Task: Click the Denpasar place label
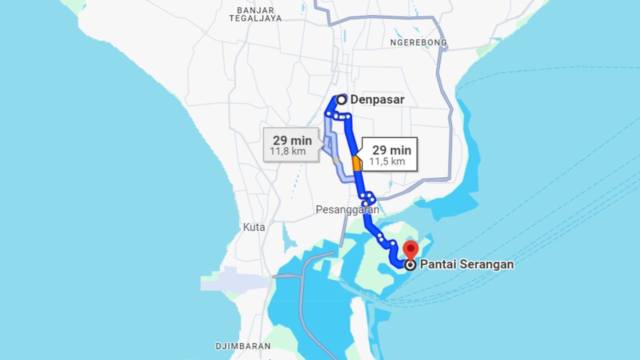377,99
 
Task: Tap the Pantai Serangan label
466,264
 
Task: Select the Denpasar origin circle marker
341,99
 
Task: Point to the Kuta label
254,227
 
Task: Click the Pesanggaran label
347,210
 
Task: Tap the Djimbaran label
243,346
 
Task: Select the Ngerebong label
418,42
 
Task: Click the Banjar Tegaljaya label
255,14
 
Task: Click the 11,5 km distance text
387,161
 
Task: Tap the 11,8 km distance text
288,151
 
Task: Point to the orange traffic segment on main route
356,163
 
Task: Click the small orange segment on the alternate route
336,160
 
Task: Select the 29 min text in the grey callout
292,140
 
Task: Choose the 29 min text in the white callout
391,150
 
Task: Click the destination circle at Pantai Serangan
410,265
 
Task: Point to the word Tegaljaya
255,18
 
